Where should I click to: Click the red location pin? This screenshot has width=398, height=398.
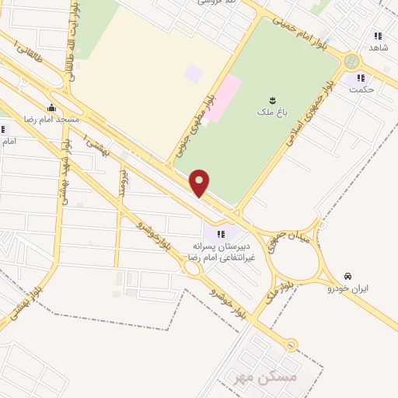[x=201, y=183]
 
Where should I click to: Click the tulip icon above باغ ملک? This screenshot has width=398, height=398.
[x=274, y=99]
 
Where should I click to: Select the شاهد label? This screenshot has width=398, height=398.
[x=379, y=48]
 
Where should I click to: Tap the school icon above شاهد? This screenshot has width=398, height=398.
[x=379, y=36]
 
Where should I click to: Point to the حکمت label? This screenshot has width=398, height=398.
[x=361, y=90]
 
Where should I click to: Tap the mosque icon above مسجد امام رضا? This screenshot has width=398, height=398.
[x=51, y=108]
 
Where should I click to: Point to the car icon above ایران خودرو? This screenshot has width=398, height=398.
[x=348, y=276]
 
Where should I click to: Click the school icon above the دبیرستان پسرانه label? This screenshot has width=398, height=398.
[x=221, y=234]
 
